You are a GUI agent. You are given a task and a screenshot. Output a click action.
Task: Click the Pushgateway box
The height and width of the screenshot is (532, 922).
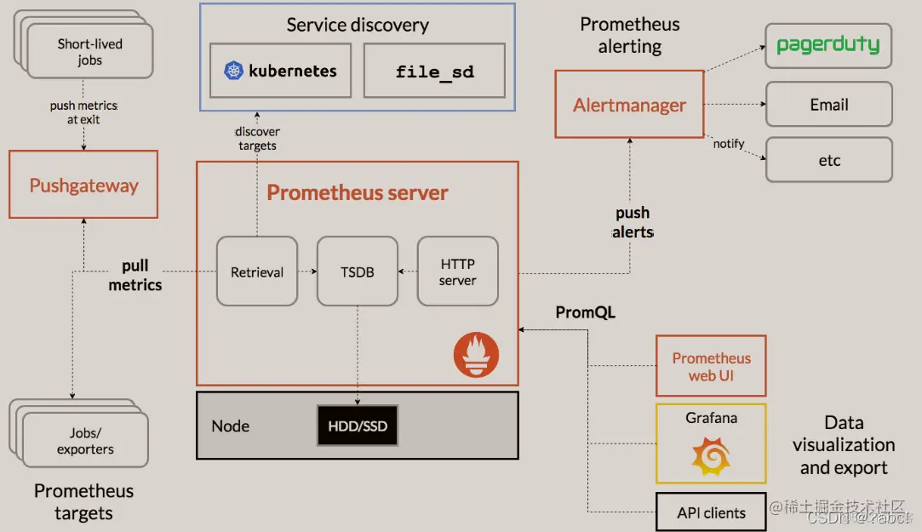point(83,185)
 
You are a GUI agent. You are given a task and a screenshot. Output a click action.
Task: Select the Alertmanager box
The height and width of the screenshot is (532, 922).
point(629,105)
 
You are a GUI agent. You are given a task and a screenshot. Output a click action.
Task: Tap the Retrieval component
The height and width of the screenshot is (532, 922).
point(256,272)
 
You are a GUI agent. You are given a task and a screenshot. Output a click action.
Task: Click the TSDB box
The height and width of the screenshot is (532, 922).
point(357,272)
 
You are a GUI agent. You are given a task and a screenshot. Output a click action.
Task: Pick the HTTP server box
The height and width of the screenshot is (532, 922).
point(457,272)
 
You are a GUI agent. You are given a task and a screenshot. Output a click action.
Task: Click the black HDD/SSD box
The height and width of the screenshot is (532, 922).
point(357,426)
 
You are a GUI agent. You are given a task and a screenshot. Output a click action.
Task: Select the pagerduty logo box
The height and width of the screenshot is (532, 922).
point(828,45)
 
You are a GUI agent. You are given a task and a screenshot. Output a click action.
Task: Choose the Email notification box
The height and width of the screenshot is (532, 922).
point(828,105)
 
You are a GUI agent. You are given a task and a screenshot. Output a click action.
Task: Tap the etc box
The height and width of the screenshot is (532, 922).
point(828,160)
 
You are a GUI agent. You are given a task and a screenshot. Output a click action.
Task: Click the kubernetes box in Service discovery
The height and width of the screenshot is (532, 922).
point(280,71)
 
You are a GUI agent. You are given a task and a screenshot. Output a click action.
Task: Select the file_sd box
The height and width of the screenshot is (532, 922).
point(434,71)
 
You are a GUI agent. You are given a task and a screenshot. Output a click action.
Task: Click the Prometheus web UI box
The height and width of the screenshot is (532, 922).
point(711,366)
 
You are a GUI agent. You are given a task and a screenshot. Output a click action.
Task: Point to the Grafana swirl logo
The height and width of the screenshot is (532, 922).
point(711,455)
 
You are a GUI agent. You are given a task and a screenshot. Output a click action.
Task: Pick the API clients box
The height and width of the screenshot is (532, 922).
point(711,512)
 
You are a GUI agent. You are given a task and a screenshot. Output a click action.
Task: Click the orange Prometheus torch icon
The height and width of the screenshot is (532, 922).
point(476,354)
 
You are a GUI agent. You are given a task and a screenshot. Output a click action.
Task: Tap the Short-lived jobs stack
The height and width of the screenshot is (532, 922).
point(89,52)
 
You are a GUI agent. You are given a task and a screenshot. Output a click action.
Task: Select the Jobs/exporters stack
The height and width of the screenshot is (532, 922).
point(85,441)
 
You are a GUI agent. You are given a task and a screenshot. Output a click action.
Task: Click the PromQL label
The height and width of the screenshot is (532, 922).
point(585,312)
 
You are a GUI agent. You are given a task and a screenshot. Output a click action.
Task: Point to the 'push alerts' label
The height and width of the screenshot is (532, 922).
point(633,222)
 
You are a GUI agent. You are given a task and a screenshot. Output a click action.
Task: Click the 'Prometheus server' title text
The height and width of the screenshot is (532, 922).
point(358,192)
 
